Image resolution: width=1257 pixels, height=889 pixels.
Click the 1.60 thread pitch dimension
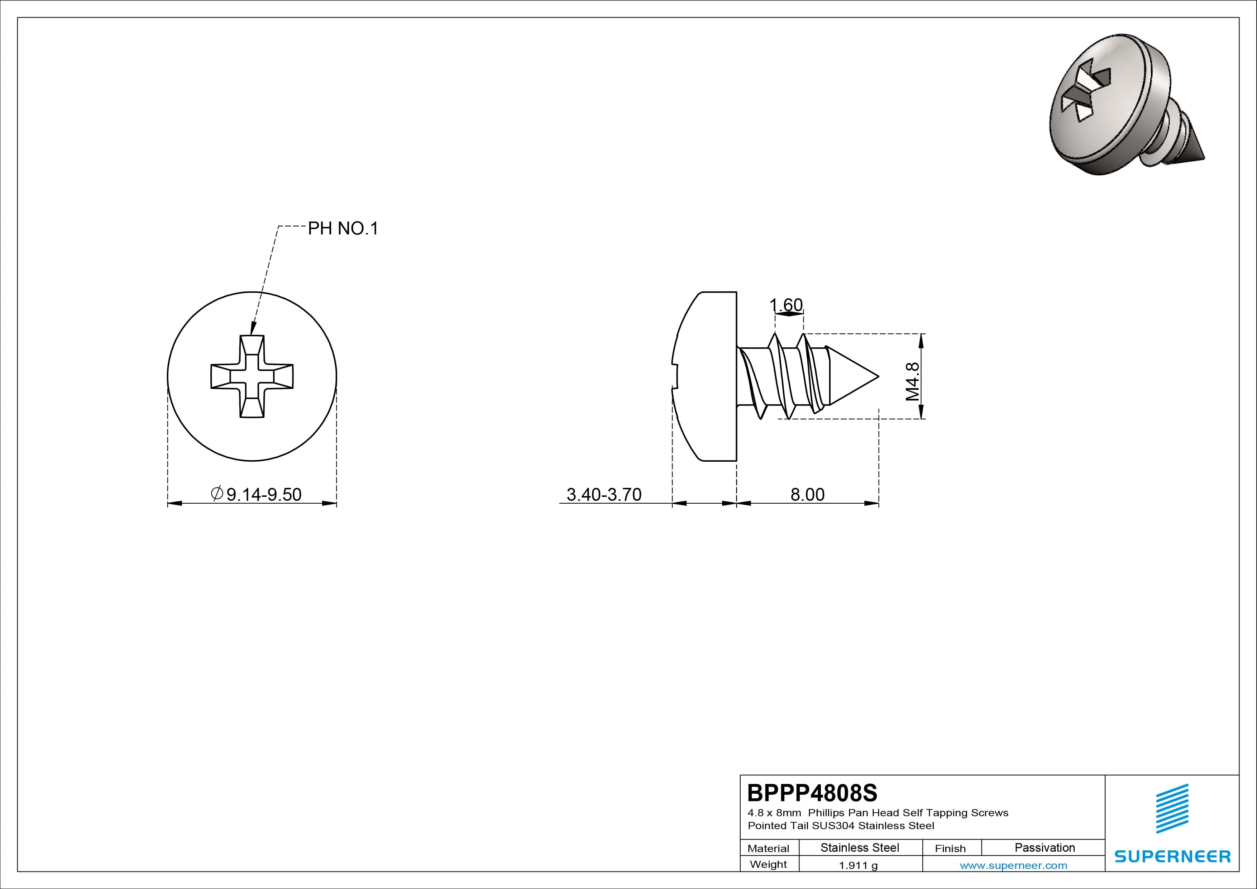pos(786,305)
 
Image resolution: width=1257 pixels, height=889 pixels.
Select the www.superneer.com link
pos(1013,865)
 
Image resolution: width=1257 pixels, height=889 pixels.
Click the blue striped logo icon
pos(1172,808)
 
